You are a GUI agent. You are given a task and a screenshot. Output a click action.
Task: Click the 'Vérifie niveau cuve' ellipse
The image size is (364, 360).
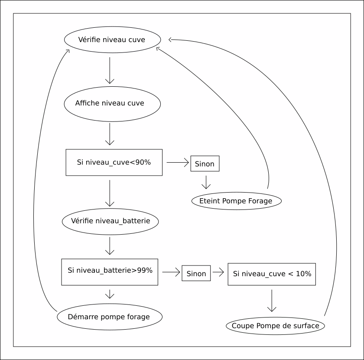click(111, 40)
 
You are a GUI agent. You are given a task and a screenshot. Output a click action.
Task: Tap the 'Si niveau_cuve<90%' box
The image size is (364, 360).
click(114, 163)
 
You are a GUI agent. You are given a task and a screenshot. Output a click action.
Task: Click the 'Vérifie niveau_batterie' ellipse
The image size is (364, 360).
click(110, 221)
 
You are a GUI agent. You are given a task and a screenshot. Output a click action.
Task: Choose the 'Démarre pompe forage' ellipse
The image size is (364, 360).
click(110, 317)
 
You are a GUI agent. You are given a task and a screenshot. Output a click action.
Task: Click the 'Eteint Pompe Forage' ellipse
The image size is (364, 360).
click(236, 201)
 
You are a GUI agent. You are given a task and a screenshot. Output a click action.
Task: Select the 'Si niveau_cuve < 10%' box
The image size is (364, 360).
click(272, 274)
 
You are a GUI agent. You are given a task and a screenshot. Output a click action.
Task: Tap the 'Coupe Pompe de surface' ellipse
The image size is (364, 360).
click(275, 326)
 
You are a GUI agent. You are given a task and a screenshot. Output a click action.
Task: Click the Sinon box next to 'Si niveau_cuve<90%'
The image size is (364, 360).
click(205, 164)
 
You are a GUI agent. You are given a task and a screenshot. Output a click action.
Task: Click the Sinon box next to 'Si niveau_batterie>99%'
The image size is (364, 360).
click(196, 273)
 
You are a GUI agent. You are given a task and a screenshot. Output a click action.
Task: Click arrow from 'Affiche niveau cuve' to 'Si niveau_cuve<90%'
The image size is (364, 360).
click(110, 134)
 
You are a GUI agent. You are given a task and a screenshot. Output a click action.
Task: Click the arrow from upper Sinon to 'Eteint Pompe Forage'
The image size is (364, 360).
click(205, 182)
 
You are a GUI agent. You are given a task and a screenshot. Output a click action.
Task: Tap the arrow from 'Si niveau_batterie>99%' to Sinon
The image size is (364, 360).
click(171, 273)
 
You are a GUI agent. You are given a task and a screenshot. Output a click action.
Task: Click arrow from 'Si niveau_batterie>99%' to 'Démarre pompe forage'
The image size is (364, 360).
click(110, 294)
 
